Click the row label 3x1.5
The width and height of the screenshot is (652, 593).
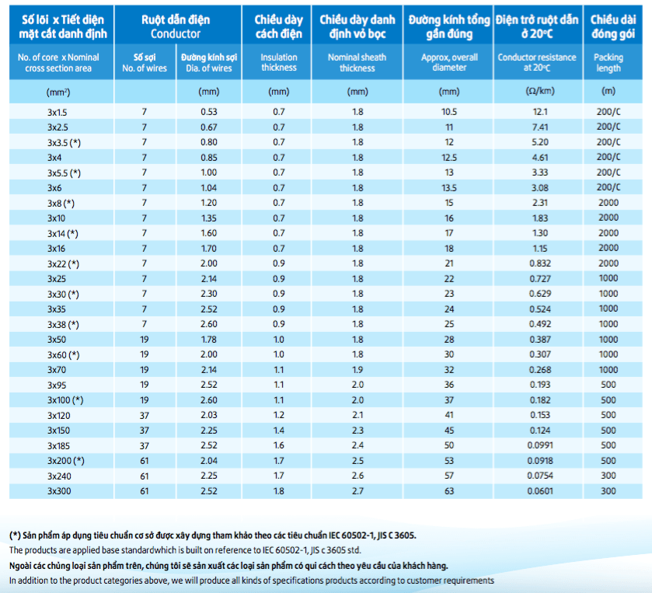click(58, 112)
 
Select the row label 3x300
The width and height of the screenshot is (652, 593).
click(59, 491)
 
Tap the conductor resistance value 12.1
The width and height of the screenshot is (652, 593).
click(540, 112)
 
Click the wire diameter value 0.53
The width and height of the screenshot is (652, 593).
click(209, 112)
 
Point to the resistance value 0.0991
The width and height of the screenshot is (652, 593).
click(540, 445)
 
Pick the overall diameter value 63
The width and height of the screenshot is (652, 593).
click(449, 491)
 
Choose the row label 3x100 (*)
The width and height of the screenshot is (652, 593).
click(65, 400)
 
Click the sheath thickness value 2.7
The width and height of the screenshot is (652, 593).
click(357, 491)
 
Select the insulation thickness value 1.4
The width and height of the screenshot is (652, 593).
click(279, 431)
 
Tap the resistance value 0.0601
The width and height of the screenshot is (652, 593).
click(540, 491)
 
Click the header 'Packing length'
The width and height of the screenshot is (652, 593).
click(608, 63)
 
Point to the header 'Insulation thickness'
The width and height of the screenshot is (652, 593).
click(279, 62)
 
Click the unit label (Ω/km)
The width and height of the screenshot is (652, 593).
click(540, 91)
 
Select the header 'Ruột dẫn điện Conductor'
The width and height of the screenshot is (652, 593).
click(176, 26)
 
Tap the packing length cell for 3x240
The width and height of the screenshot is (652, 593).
click(608, 476)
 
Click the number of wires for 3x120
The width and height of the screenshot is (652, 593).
click(145, 416)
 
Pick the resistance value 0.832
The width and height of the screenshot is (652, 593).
click(540, 263)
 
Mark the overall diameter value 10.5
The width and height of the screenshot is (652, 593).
click(449, 112)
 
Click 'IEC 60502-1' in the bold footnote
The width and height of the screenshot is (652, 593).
click(351, 535)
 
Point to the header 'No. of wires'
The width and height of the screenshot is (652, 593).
click(145, 68)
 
